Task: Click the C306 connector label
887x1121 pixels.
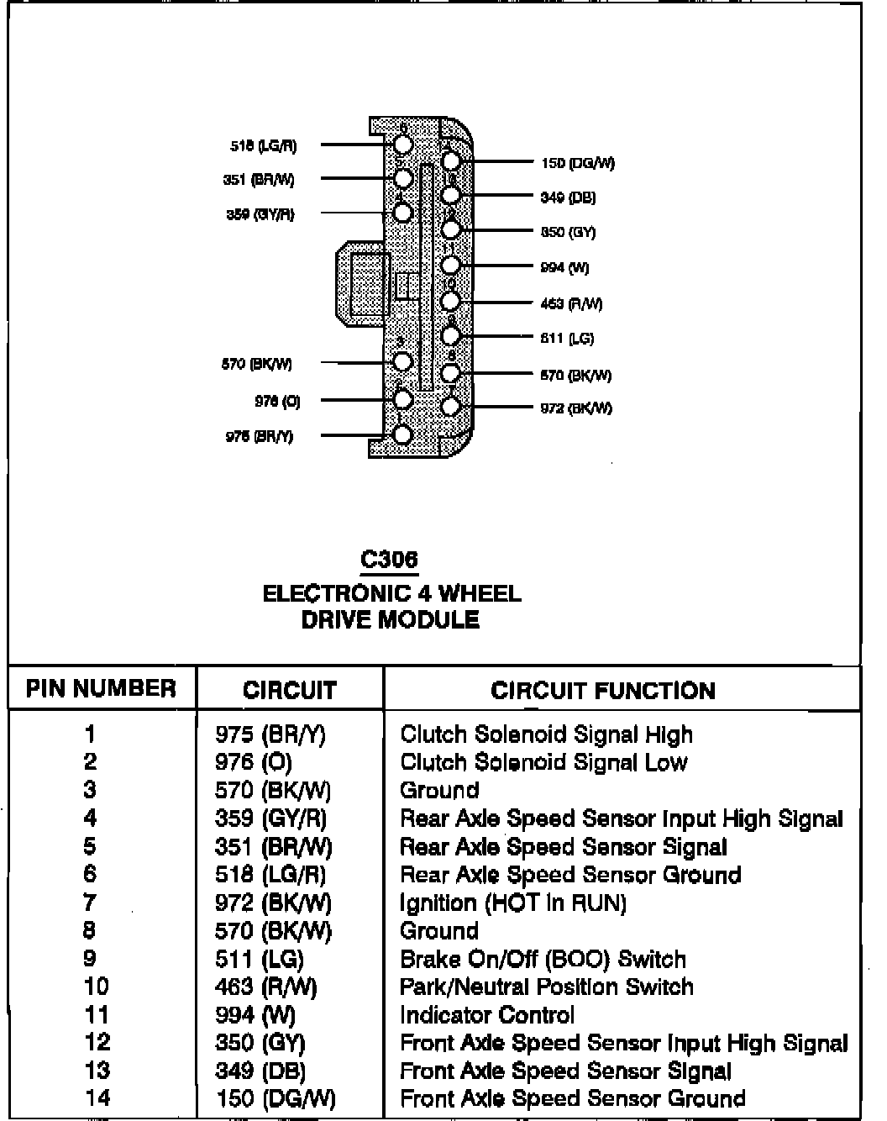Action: click(389, 560)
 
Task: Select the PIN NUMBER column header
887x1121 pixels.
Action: click(101, 689)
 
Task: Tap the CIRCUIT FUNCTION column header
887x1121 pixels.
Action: click(603, 691)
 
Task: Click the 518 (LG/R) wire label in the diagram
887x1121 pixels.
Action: click(263, 145)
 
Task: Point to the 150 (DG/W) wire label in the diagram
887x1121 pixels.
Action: click(578, 163)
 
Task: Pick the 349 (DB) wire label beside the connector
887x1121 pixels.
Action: click(568, 197)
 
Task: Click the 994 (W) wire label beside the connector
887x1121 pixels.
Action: click(564, 268)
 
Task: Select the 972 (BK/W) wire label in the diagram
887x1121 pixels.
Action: click(575, 408)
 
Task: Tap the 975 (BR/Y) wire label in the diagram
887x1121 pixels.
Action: click(260, 437)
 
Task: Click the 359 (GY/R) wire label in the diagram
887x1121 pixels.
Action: click(260, 214)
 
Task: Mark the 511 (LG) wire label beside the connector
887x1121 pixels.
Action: click(567, 339)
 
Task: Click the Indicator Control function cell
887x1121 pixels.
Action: click(487, 1015)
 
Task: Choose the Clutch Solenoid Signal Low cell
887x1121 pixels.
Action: click(543, 763)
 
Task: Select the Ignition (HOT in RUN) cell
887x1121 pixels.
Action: click(513, 903)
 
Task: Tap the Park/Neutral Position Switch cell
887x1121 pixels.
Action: click(547, 987)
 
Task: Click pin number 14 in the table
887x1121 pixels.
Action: click(97, 1098)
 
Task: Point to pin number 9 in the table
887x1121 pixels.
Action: click(90, 959)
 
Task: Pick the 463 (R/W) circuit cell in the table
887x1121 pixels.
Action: click(266, 987)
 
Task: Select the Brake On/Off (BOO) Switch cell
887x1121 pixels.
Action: click(543, 959)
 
